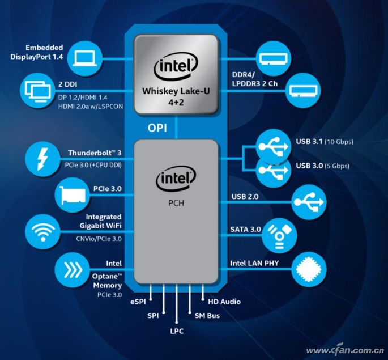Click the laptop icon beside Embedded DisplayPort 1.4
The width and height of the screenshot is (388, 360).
(85, 57)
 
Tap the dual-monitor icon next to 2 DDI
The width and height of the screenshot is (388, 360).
(37, 88)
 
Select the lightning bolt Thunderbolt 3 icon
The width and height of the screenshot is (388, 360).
(42, 157)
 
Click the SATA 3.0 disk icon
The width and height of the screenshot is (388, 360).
(278, 234)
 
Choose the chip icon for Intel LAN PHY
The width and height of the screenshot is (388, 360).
(309, 269)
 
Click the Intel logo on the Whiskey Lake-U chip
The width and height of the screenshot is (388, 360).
(176, 69)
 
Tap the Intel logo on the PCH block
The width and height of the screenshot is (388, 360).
(176, 180)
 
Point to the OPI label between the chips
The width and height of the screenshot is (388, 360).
(157, 128)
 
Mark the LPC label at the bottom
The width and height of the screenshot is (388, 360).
(176, 331)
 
